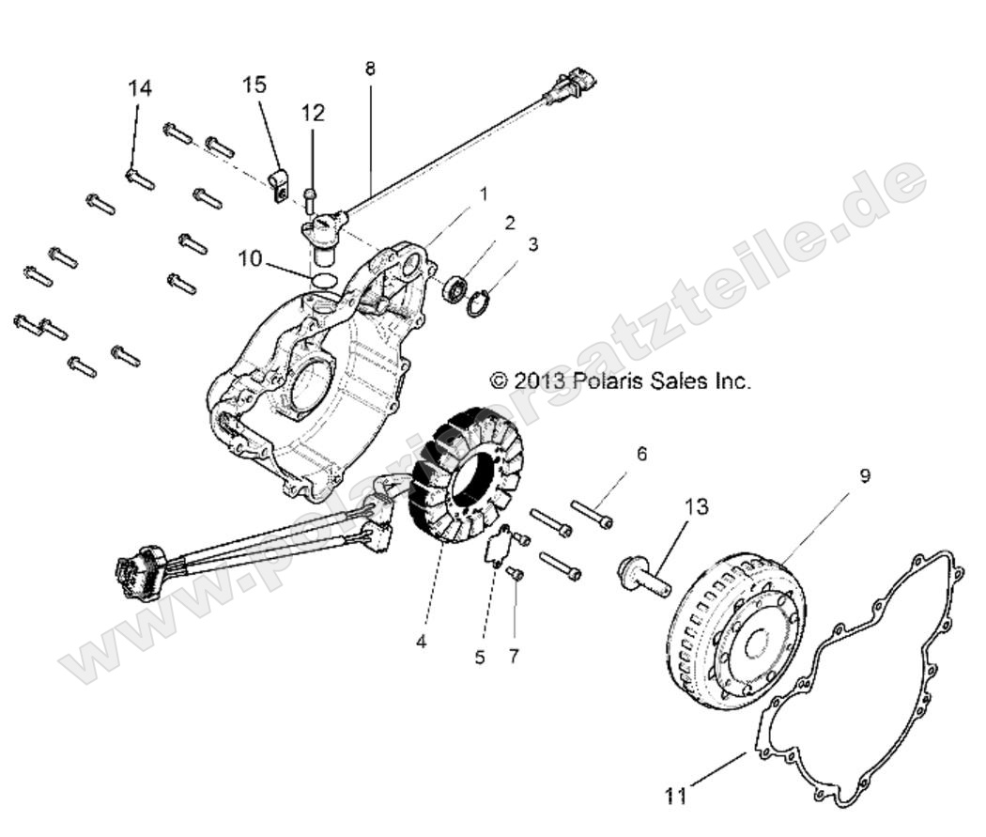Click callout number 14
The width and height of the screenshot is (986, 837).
[x=139, y=88]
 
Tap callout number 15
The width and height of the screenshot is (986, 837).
[x=254, y=85]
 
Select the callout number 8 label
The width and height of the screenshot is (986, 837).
[x=370, y=69]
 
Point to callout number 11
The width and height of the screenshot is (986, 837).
[x=676, y=796]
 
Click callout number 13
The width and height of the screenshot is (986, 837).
[x=696, y=507]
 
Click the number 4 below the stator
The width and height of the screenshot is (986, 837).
[x=421, y=643]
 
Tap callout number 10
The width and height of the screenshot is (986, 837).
[x=250, y=257]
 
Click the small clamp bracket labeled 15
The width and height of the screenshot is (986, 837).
[x=276, y=184]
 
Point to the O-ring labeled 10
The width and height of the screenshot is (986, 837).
[x=322, y=281]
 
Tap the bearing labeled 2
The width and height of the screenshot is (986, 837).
[x=454, y=287]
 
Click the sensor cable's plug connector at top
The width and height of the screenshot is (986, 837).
[x=569, y=88]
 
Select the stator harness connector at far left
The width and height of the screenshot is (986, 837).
[x=131, y=575]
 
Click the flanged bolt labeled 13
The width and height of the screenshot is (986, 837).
[x=642, y=576]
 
